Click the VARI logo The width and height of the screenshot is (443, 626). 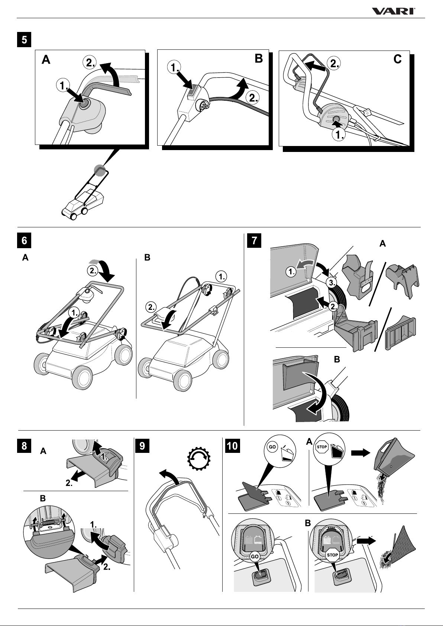394,12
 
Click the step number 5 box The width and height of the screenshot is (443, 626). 24,40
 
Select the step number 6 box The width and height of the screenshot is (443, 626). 24,240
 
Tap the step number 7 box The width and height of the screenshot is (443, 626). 254,240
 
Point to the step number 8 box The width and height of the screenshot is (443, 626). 24,445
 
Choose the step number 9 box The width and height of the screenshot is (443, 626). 142,445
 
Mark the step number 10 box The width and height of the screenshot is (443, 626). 232,445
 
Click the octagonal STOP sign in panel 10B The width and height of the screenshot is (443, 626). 332,555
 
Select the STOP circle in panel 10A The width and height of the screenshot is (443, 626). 321,447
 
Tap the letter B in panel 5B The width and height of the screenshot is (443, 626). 259,59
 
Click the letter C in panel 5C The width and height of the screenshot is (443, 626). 397,59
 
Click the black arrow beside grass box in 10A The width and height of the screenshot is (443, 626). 361,453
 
